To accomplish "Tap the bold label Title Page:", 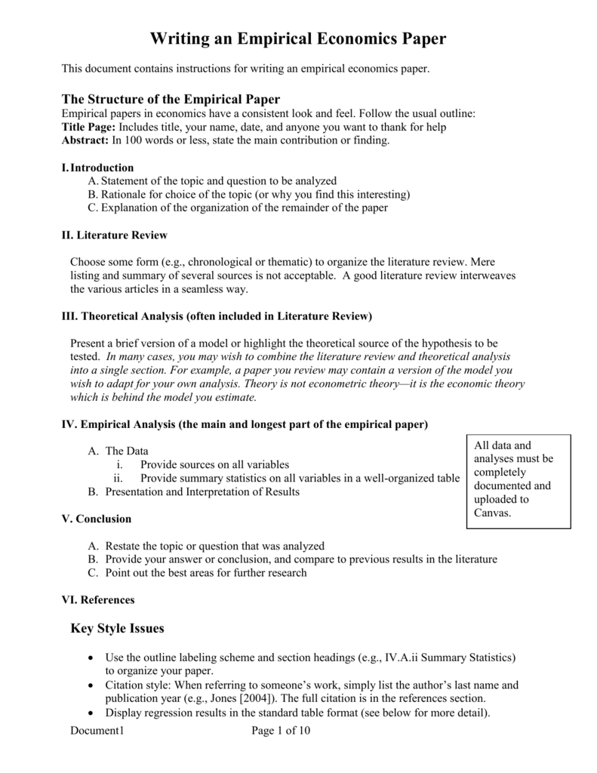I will [88, 127].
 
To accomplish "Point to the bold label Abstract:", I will [85, 140].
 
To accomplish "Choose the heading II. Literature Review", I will [114, 235].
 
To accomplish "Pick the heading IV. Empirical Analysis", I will [244, 424].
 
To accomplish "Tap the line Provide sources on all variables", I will [214, 464].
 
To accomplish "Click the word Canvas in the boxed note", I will [492, 513].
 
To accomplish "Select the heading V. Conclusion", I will [96, 519].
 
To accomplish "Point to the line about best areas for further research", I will [205, 573].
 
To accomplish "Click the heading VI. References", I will [97, 600].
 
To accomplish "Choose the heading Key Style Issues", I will [116, 628].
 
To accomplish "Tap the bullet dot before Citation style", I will [91, 685].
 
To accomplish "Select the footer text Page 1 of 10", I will [280, 731].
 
